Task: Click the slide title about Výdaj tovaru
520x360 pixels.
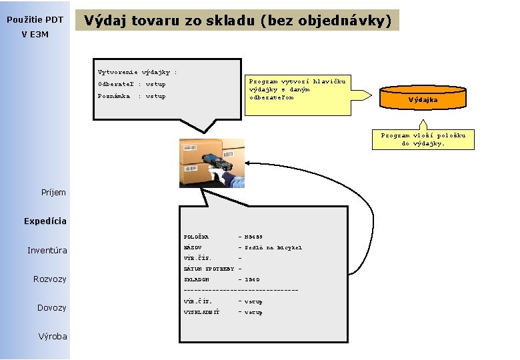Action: (237, 21)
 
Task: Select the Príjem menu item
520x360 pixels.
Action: (53, 193)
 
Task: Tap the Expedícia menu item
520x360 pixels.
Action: (45, 221)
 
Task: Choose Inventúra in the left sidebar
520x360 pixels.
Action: (47, 251)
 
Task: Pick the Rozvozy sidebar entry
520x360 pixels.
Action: (50, 279)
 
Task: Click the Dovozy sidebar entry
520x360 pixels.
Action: (51, 307)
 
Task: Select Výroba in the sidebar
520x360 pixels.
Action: (53, 336)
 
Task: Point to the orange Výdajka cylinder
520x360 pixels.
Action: (423, 99)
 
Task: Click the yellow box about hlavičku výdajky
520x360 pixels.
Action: (298, 89)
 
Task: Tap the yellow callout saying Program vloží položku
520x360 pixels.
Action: (423, 139)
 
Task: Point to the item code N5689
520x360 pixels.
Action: (254, 237)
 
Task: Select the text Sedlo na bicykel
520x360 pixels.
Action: (273, 247)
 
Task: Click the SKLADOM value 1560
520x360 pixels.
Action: (253, 280)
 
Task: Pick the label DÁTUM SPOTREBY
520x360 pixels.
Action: (209, 269)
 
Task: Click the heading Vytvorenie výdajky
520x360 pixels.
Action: (136, 71)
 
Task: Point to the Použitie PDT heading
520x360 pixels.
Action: (35, 20)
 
